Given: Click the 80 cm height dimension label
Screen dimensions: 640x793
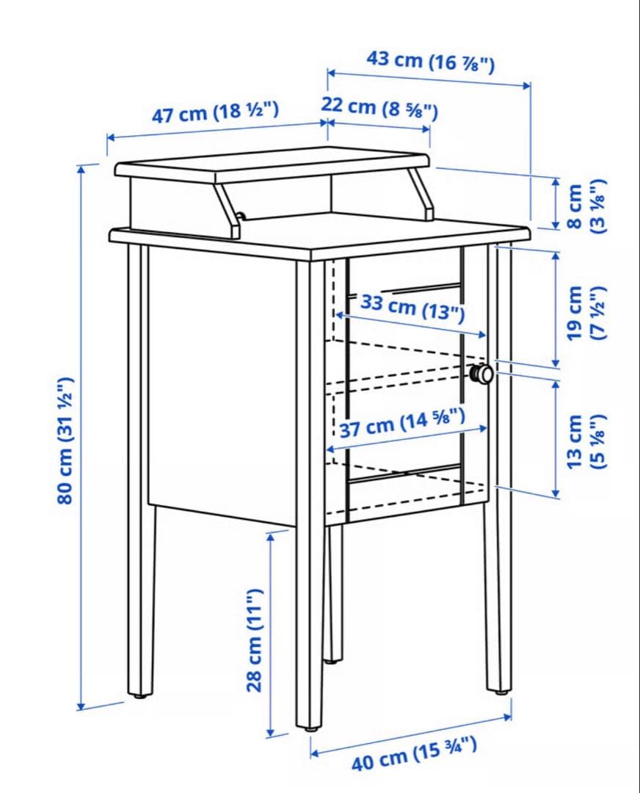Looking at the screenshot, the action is [x=66, y=440].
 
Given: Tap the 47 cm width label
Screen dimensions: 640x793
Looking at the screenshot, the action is [x=215, y=112].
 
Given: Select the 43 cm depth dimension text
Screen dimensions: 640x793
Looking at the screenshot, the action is [x=430, y=61].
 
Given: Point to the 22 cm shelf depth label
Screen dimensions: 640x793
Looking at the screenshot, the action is [x=379, y=107].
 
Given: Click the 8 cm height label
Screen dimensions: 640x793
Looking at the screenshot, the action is [x=586, y=206].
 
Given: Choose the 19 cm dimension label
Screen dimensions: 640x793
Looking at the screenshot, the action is [x=586, y=313].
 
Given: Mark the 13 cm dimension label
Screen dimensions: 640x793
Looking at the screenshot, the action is [x=586, y=441].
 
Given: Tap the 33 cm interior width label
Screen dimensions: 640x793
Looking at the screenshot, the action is [x=412, y=308].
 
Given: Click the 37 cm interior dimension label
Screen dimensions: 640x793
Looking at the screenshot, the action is [x=402, y=424].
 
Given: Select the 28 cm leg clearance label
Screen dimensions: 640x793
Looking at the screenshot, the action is [x=255, y=640].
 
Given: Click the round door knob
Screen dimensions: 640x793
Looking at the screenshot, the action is [x=481, y=374].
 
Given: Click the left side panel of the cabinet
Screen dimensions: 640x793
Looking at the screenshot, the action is [x=222, y=384].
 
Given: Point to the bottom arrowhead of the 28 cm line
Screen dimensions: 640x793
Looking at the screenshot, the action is [x=270, y=734].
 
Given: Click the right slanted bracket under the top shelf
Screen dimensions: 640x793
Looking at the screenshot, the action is [x=422, y=195].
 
